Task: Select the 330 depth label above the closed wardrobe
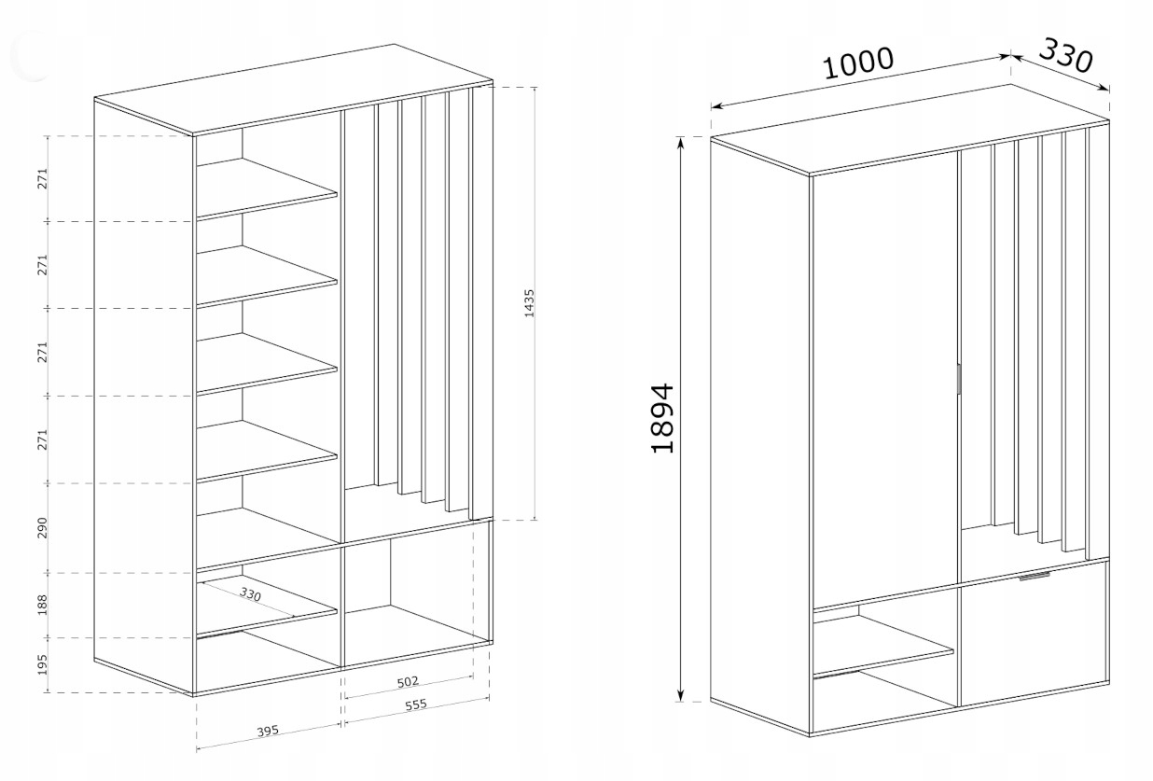click(1064, 56)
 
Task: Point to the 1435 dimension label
click(529, 304)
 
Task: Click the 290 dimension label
click(42, 528)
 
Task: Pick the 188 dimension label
click(42, 606)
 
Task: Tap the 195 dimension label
click(42, 665)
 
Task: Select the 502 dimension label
click(408, 681)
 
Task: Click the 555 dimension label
click(415, 705)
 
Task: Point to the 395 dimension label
click(269, 731)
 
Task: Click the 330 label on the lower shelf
click(250, 594)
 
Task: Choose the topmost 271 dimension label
click(42, 179)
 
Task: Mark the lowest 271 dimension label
click(42, 439)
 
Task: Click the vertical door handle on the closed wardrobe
click(958, 381)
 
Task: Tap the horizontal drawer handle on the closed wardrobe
click(1035, 578)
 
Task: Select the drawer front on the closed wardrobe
click(1034, 635)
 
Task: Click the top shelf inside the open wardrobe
click(267, 188)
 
